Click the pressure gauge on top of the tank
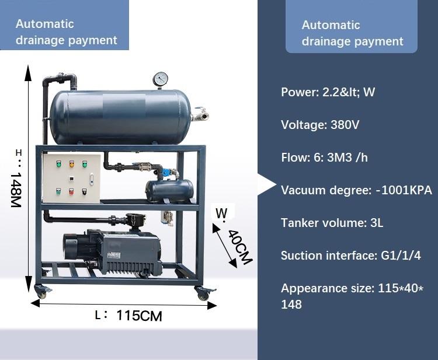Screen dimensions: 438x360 [x=161, y=79]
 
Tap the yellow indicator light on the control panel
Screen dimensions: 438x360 [x=72, y=164]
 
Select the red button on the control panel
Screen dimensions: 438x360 [x=71, y=191]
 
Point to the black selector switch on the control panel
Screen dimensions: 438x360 [x=84, y=191]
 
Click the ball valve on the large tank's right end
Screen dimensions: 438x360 [x=200, y=114]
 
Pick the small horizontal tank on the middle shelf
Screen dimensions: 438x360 [x=169, y=191]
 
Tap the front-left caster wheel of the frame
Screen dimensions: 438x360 [x=41, y=292]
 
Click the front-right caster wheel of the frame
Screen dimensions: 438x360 [x=203, y=293]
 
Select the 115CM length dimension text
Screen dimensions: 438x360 [x=139, y=316]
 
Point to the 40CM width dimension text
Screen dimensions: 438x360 [x=240, y=247]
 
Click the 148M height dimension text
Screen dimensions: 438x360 [x=16, y=190]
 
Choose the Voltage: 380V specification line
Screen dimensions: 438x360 [x=320, y=125]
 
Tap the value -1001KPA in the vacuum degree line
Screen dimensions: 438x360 [x=404, y=190]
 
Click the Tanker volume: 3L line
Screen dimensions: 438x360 [x=332, y=223]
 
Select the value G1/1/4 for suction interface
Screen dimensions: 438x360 [x=401, y=256]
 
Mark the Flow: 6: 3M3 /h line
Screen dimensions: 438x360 [x=324, y=158]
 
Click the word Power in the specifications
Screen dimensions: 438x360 [x=298, y=92]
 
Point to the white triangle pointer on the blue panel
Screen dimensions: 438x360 [x=267, y=184]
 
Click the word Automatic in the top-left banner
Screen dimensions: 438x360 [x=45, y=24]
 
